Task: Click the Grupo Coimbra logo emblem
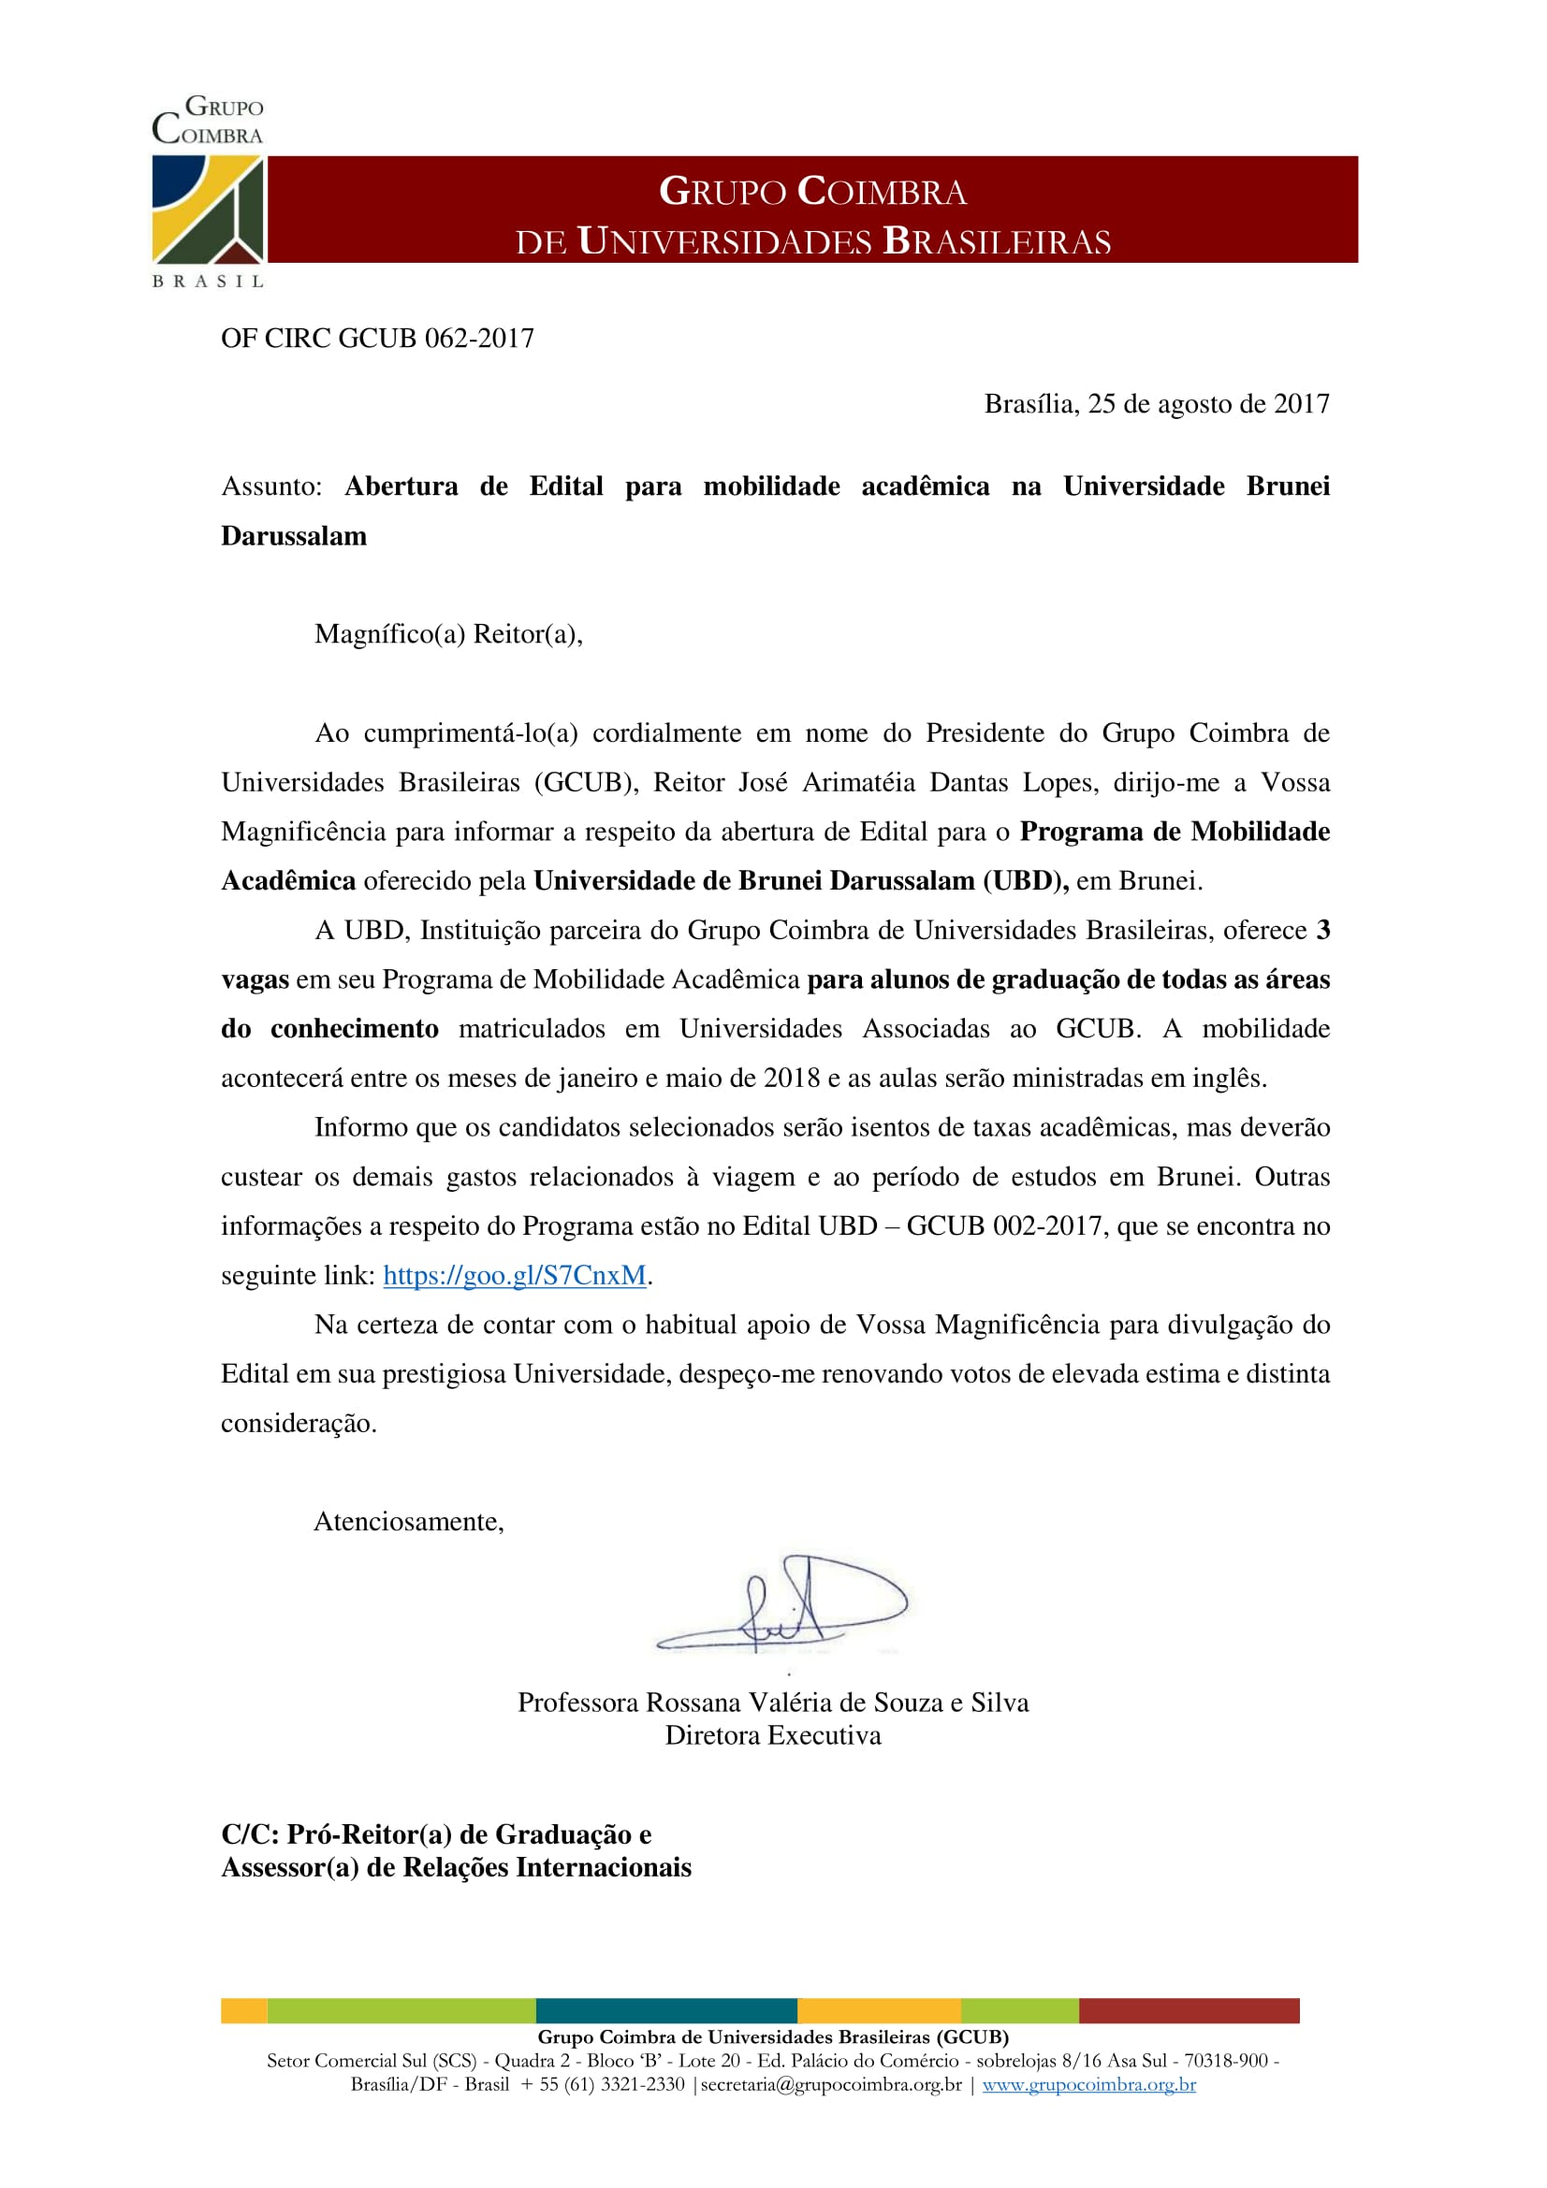pyautogui.click(x=208, y=209)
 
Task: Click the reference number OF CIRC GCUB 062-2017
pyautogui.click(x=377, y=339)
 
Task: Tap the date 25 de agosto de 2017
pyautogui.click(x=1207, y=404)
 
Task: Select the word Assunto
pyautogui.click(x=270, y=487)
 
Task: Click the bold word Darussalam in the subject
pyautogui.click(x=294, y=537)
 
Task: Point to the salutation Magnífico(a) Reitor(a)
pyautogui.click(x=448, y=634)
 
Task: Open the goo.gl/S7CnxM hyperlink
pyautogui.click(x=515, y=1276)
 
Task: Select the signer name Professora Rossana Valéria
pyautogui.click(x=773, y=1703)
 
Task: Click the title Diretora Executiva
pyautogui.click(x=773, y=1735)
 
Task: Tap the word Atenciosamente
pyautogui.click(x=409, y=1522)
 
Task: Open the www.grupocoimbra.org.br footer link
pyautogui.click(x=1088, y=2084)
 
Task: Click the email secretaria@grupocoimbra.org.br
pyautogui.click(x=831, y=2084)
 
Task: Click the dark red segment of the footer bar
pyautogui.click(x=1189, y=2011)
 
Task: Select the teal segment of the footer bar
pyautogui.click(x=666, y=2011)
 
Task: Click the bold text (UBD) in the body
pyautogui.click(x=1025, y=881)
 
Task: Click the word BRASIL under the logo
pyautogui.click(x=208, y=282)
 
